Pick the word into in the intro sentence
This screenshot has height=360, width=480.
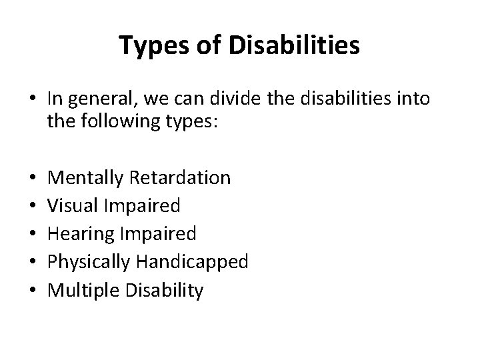(415, 99)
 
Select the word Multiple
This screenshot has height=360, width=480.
(81, 291)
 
